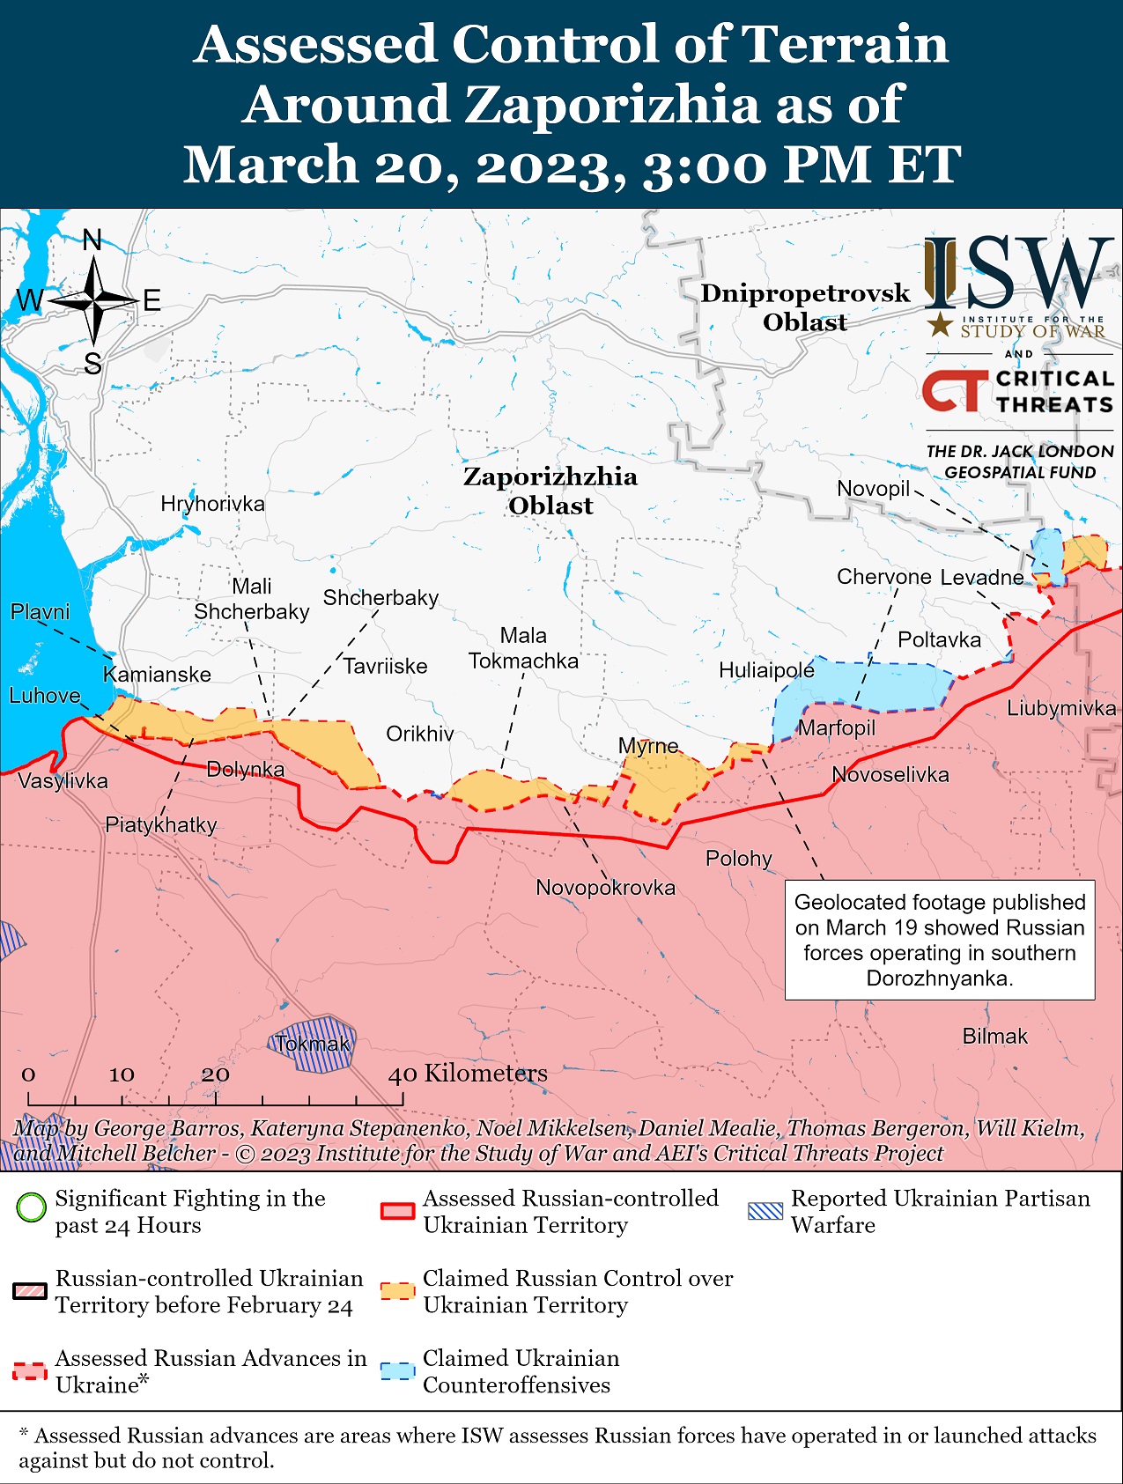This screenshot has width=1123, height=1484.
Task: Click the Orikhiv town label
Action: pos(420,734)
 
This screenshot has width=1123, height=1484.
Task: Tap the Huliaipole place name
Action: pos(766,670)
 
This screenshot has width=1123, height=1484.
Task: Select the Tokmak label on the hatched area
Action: pos(313,1045)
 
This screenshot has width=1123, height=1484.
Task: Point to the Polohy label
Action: pos(738,858)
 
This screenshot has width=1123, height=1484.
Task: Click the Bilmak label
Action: pos(994,1037)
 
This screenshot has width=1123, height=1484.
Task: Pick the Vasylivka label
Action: pos(63,781)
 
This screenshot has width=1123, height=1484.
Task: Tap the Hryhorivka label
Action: pos(212,504)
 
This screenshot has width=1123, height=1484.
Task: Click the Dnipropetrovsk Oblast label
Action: pos(804,307)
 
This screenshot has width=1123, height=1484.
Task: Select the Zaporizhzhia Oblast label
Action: pos(550,491)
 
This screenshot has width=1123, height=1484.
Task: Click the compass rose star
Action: pos(93,302)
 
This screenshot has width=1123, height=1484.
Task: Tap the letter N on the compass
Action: pos(92,240)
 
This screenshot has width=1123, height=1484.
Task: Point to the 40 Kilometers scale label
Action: pos(468,1073)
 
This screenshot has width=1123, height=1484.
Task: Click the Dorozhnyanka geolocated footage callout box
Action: pos(939,940)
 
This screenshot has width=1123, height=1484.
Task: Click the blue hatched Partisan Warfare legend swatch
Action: pos(765,1211)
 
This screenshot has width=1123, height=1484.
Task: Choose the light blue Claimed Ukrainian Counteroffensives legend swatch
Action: pos(397,1371)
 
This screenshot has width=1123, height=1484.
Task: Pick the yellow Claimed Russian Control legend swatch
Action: pos(397,1291)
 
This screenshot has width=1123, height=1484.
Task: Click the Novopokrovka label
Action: pos(605,888)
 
